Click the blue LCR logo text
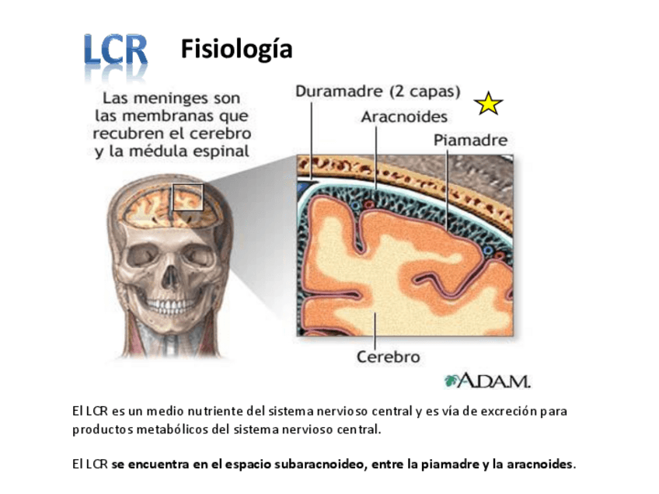pyautogui.click(x=116, y=51)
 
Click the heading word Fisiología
pyautogui.click(x=236, y=50)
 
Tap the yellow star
pyautogui.click(x=489, y=103)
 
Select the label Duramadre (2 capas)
pyautogui.click(x=378, y=91)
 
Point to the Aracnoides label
pyautogui.click(x=404, y=117)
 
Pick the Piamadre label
pyautogui.click(x=470, y=141)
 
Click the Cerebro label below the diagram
pyautogui.click(x=388, y=357)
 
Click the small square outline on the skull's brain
pyautogui.click(x=187, y=197)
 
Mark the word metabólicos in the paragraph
pyautogui.click(x=167, y=429)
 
